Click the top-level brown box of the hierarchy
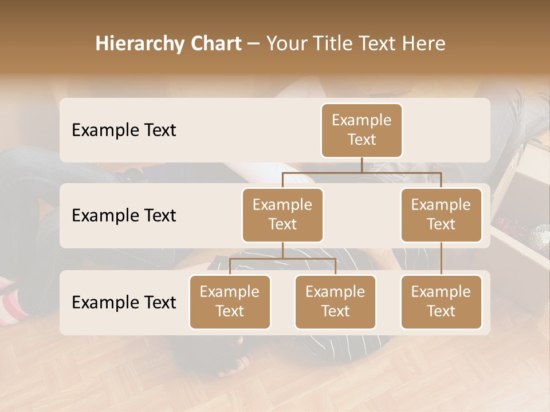click(x=362, y=130)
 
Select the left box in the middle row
click(x=282, y=215)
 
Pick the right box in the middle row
click(x=441, y=215)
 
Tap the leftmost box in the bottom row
click(x=230, y=302)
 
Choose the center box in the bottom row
click(x=335, y=302)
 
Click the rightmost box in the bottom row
click(x=441, y=302)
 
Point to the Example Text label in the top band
click(x=124, y=130)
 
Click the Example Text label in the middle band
click(x=124, y=216)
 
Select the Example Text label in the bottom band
click(x=124, y=303)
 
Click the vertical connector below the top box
click(x=362, y=165)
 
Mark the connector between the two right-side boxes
click(x=441, y=259)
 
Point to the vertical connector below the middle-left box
click(x=282, y=251)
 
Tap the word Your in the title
click(x=286, y=43)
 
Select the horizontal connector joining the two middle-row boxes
click(x=362, y=172)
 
